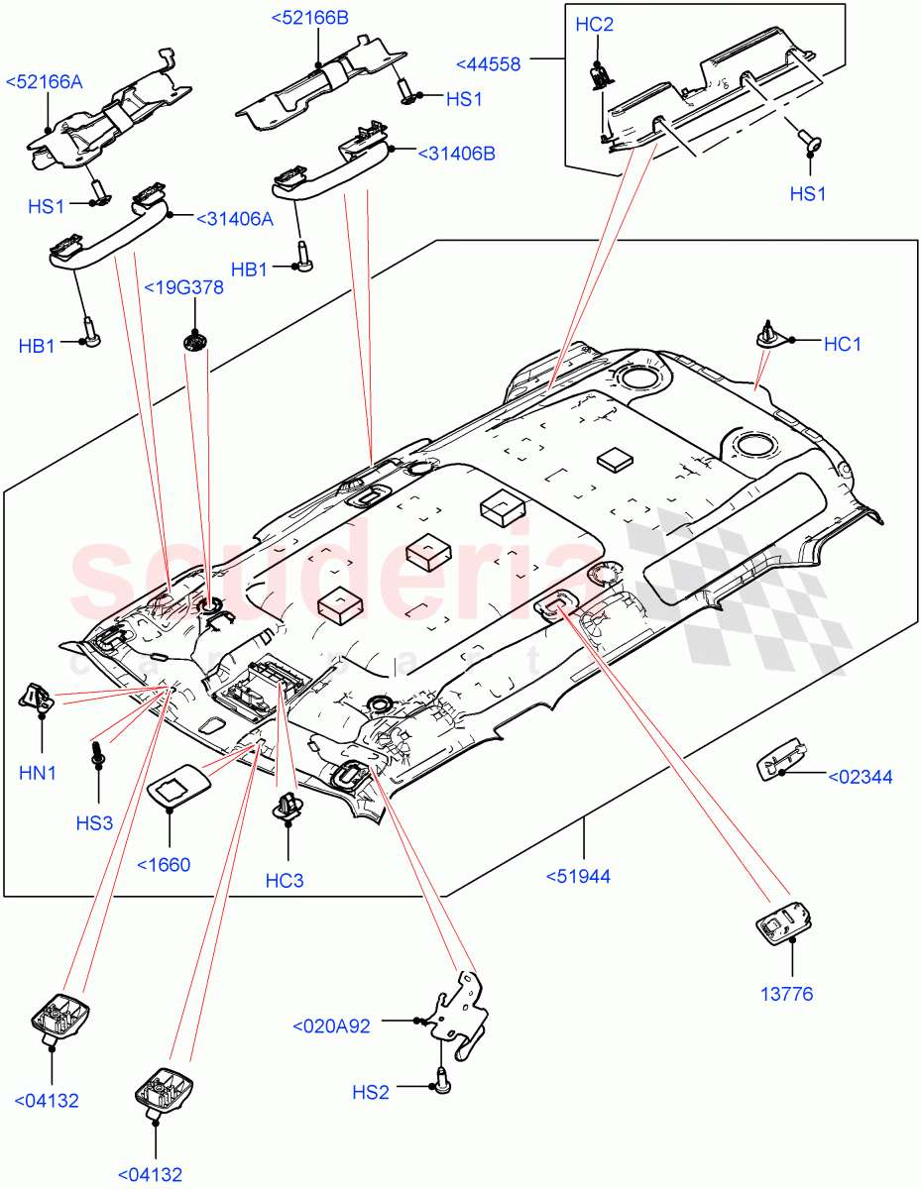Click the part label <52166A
pyautogui.click(x=44, y=82)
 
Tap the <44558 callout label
pyautogui.click(x=488, y=63)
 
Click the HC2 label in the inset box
pyautogui.click(x=595, y=25)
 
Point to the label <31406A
pyautogui.click(x=234, y=219)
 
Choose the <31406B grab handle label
pyautogui.click(x=456, y=154)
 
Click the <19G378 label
pyautogui.click(x=183, y=288)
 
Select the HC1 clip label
pyautogui.click(x=843, y=344)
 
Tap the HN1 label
pyautogui.click(x=38, y=773)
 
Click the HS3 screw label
pyautogui.click(x=94, y=822)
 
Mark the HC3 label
pyautogui.click(x=285, y=881)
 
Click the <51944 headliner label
pyautogui.click(x=578, y=876)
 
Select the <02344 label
pyautogui.click(x=859, y=777)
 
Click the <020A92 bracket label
pyautogui.click(x=330, y=1027)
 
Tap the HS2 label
pyautogui.click(x=371, y=1092)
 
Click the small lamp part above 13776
pyautogui.click(x=781, y=924)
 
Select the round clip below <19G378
pyautogui.click(x=194, y=343)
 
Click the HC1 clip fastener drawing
pyautogui.click(x=768, y=335)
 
